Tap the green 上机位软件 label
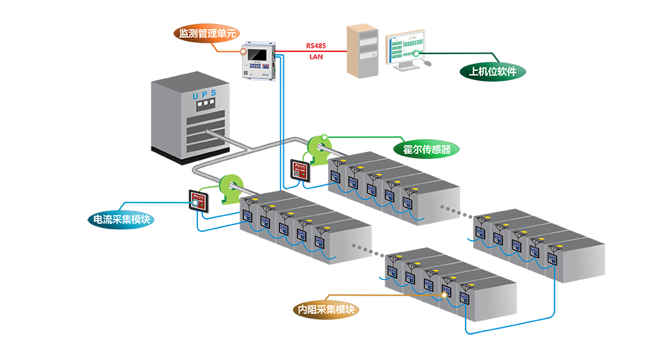(x=492, y=72)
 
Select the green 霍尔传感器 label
(x=427, y=148)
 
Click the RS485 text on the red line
(x=316, y=45)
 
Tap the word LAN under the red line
(x=316, y=56)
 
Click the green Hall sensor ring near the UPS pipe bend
(x=230, y=189)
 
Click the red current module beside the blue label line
(x=199, y=202)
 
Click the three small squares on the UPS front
(x=205, y=106)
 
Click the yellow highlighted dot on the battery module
(x=444, y=295)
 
